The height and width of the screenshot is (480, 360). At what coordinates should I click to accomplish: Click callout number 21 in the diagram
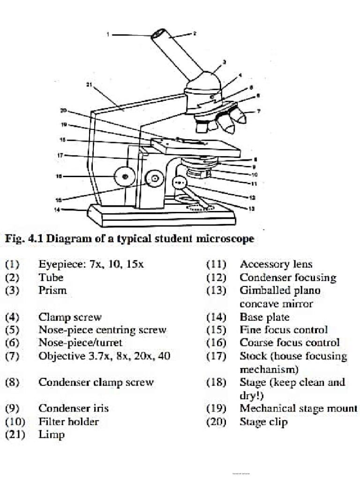tap(89, 85)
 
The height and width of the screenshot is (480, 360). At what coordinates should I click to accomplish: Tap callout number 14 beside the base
tap(57, 210)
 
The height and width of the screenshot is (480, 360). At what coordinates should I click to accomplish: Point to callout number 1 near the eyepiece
tap(107, 34)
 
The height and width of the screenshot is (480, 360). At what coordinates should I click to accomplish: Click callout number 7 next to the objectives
tap(258, 112)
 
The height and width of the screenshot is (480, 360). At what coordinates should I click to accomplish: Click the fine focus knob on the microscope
tap(154, 178)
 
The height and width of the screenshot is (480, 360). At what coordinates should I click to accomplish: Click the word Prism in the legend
tap(52, 290)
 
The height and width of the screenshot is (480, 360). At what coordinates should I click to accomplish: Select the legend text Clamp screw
tap(70, 317)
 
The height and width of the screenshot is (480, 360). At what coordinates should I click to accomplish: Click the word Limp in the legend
tap(52, 435)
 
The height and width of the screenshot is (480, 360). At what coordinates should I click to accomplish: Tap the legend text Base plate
tap(264, 317)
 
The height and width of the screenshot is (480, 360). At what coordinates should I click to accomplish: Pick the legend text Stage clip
tap(263, 422)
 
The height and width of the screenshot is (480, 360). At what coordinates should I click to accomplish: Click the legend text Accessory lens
tap(276, 264)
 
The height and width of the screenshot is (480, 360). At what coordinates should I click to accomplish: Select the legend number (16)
tap(216, 343)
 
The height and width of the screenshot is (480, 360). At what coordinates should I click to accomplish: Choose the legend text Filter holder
tap(68, 421)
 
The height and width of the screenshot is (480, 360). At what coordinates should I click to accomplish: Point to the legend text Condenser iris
tap(73, 408)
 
